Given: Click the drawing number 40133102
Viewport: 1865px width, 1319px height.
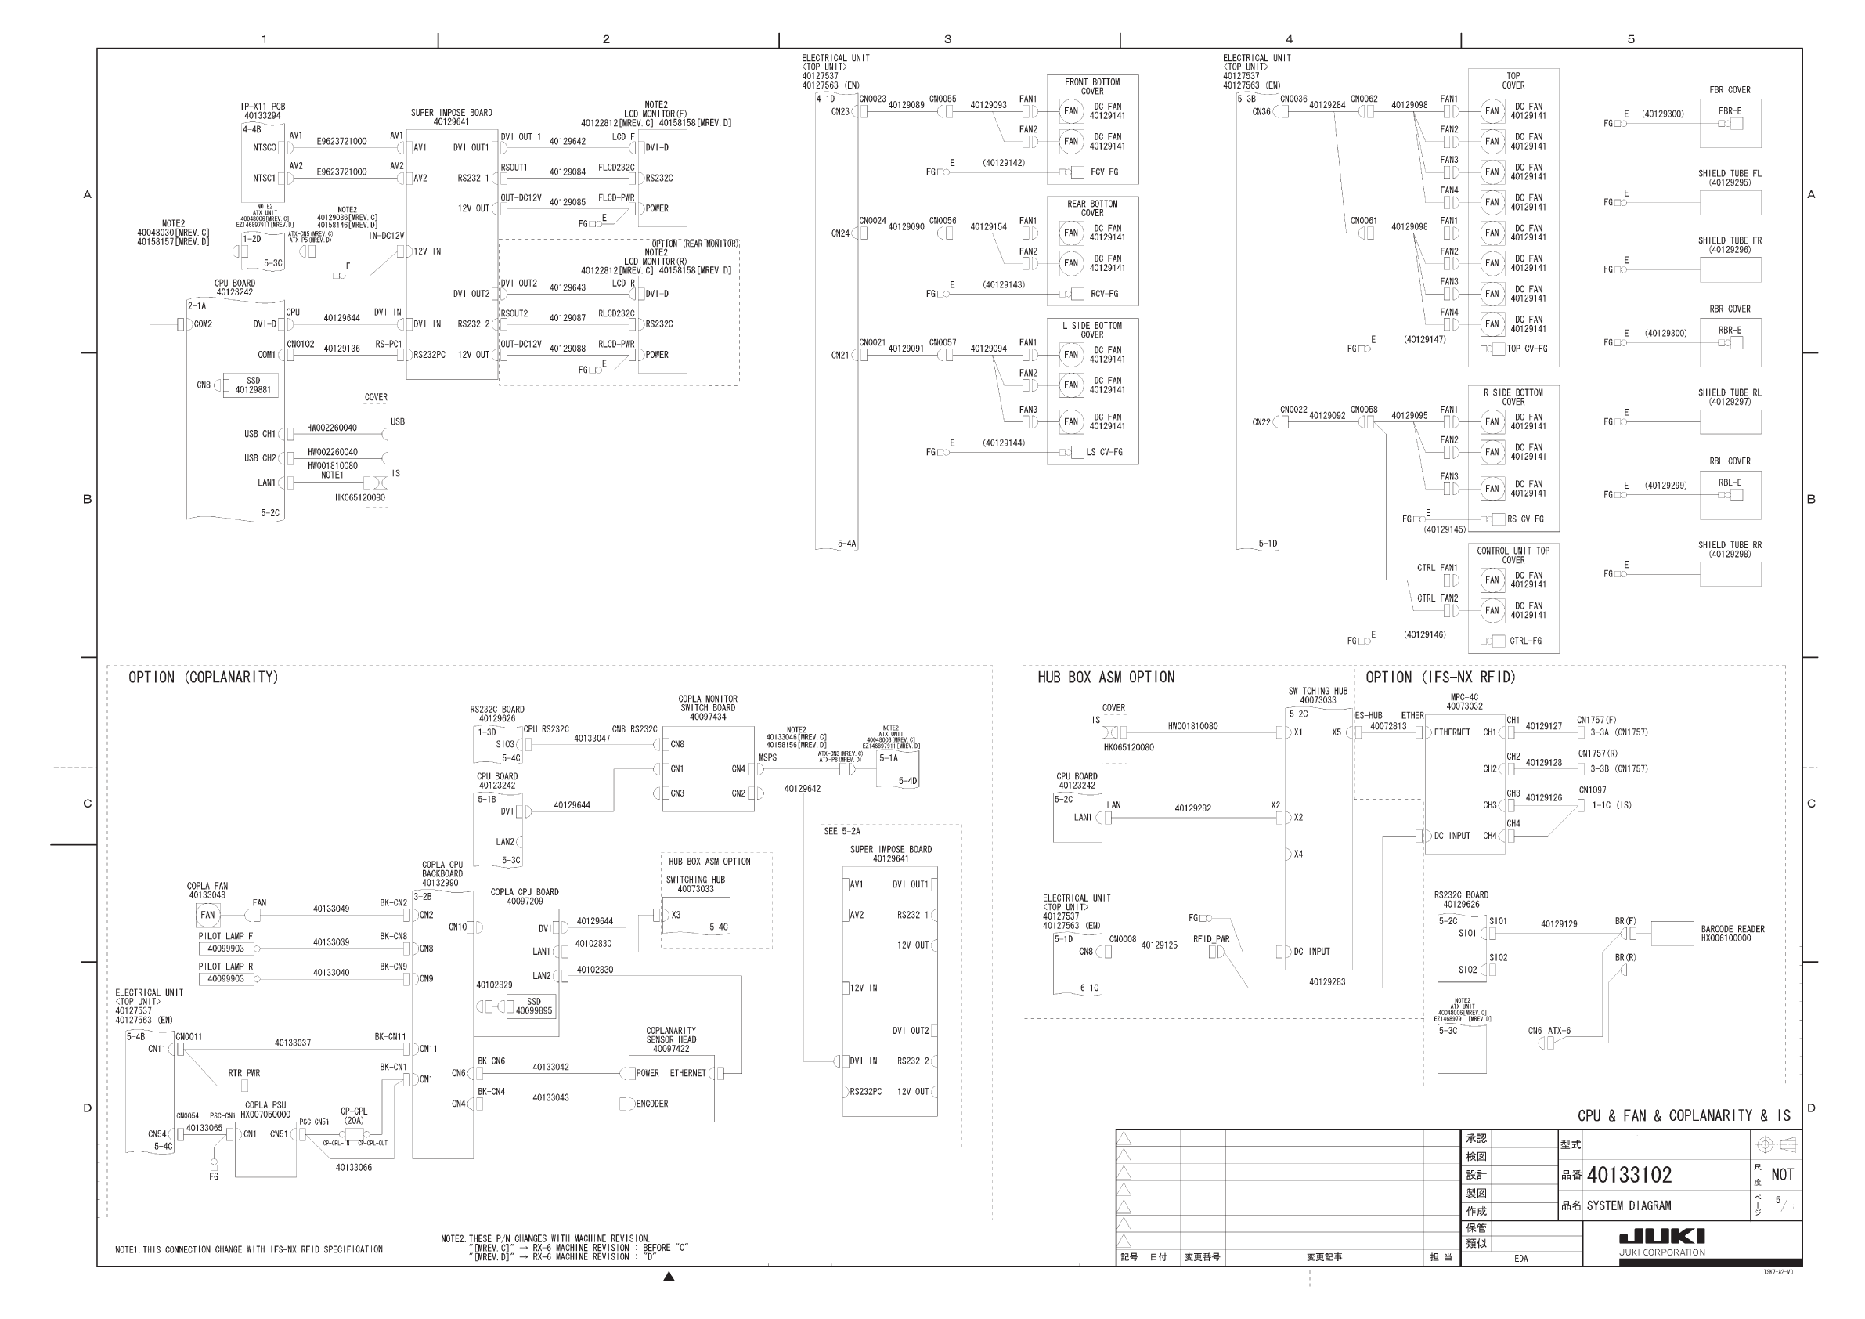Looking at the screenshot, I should click(x=1629, y=1175).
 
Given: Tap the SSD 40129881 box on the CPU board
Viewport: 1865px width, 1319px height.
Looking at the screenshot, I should click(x=253, y=385).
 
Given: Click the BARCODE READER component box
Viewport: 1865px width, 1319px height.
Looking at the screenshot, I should click(x=1672, y=934).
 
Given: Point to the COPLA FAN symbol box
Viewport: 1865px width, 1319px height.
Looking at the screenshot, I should click(x=208, y=915).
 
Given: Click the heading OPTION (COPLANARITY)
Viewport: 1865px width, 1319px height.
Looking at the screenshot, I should click(x=203, y=678).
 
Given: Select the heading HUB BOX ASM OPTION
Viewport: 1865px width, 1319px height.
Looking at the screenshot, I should click(x=1106, y=678).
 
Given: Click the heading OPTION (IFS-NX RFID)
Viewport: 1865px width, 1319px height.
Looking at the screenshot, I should click(x=1440, y=678).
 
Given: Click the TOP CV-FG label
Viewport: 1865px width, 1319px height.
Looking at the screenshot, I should click(x=1526, y=349).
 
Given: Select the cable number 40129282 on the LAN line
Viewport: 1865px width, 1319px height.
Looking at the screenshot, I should click(x=1192, y=808).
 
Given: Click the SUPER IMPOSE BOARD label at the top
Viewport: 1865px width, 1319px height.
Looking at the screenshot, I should click(x=451, y=113).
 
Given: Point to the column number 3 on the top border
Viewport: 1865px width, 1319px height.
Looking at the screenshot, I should click(x=947, y=39).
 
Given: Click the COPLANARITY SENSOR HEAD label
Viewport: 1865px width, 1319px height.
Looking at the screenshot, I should click(x=671, y=1039).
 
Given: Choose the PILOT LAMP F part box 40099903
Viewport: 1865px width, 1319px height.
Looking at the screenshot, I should click(x=225, y=949).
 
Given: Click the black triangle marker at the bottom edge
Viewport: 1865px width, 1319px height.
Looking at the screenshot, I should click(x=669, y=1277).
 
